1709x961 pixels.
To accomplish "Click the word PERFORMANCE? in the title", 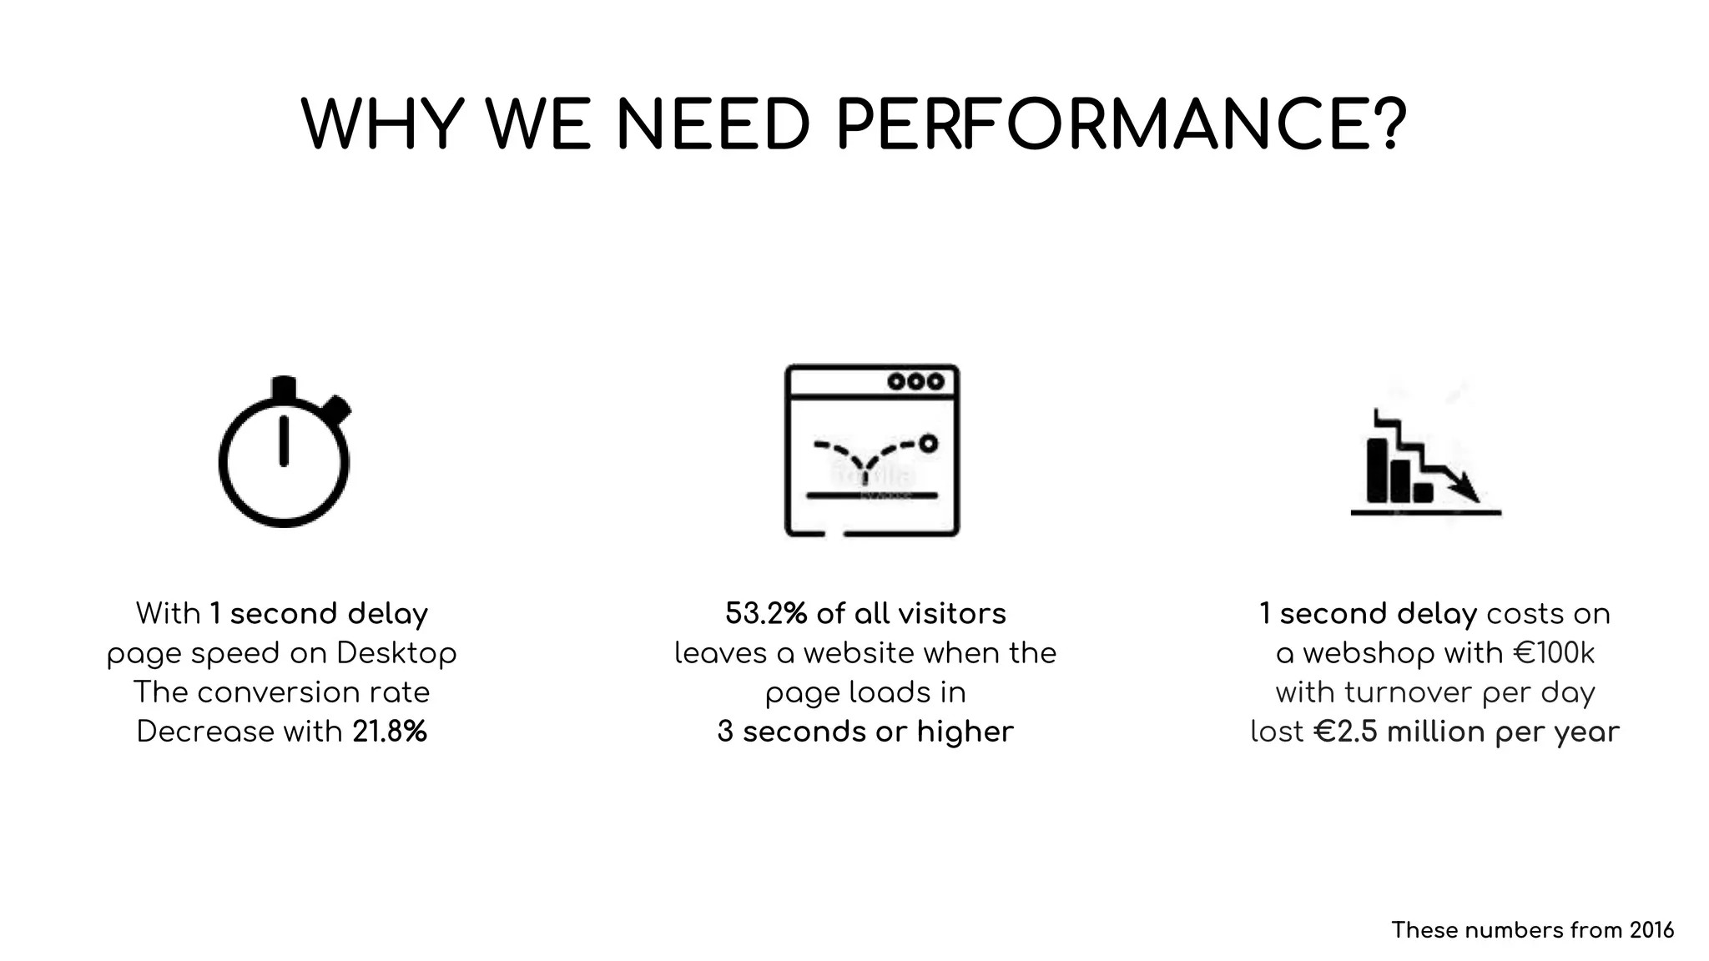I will pyautogui.click(x=1121, y=125).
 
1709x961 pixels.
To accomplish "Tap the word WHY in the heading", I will pyautogui.click(x=382, y=125).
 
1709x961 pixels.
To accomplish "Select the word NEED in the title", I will pyautogui.click(x=713, y=125).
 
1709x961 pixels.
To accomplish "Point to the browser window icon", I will pyautogui.click(x=872, y=450).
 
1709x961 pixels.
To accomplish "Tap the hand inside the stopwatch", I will pyautogui.click(x=284, y=440).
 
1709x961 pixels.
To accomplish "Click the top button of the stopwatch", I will pyautogui.click(x=284, y=388).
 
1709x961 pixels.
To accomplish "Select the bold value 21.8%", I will pyautogui.click(x=390, y=732).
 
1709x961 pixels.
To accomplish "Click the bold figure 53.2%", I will pyautogui.click(x=766, y=613).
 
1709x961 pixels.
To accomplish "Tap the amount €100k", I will pyautogui.click(x=1553, y=652).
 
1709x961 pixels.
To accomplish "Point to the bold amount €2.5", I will pyautogui.click(x=1346, y=732).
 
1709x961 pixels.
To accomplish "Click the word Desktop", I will pyautogui.click(x=396, y=653).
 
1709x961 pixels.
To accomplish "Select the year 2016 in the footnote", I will pyautogui.click(x=1651, y=930).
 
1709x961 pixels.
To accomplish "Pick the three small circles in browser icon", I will pyautogui.click(x=915, y=381).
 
